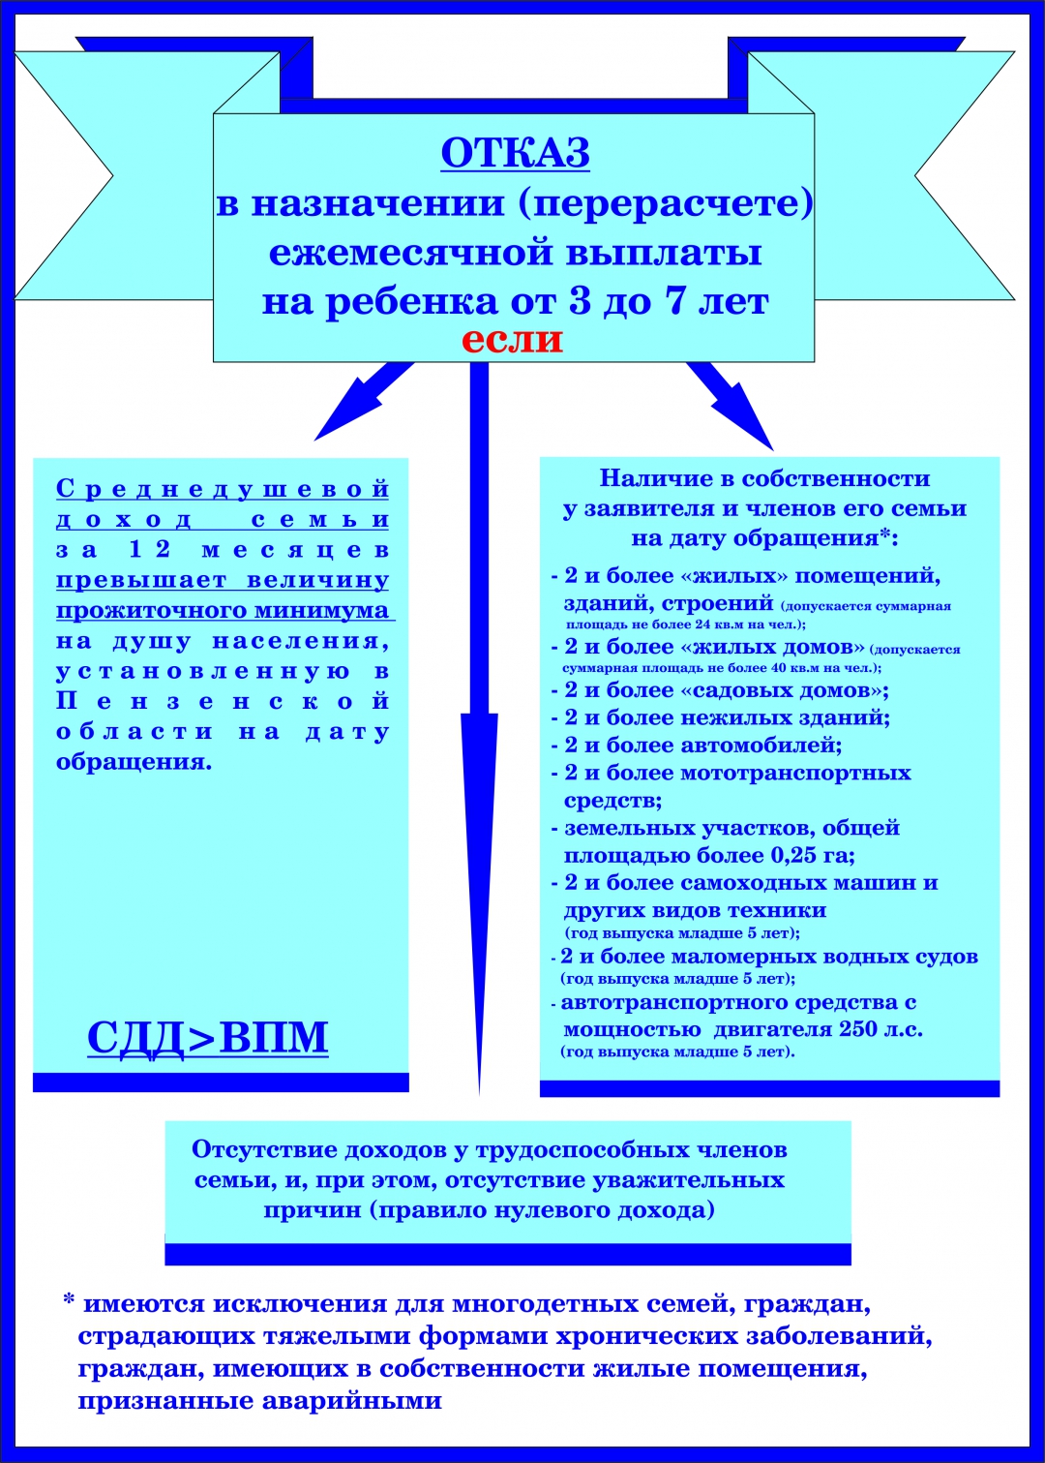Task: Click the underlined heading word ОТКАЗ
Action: coord(515,154)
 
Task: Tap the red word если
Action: coord(512,340)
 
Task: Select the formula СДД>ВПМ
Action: coord(208,1037)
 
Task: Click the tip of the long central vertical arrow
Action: coord(479,1095)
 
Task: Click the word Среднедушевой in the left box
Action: coord(223,489)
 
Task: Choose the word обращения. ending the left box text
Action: coord(134,762)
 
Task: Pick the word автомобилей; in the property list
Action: coord(761,745)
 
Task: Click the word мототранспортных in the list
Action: coord(795,773)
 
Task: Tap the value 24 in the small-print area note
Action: coord(702,624)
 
